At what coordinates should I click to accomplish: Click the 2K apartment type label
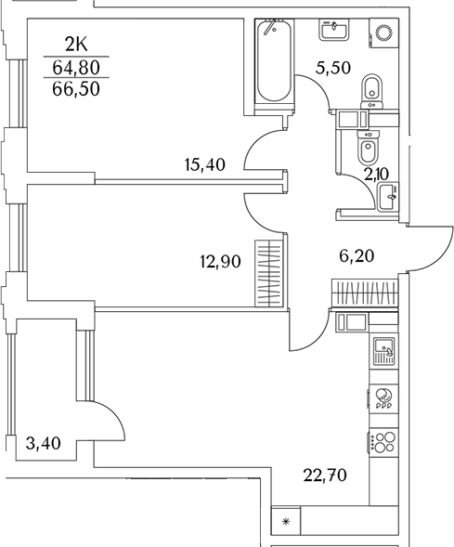pos(77,43)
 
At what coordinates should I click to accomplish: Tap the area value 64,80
pos(77,66)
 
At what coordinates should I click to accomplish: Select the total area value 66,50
pos(77,89)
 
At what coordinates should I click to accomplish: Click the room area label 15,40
pos(206,166)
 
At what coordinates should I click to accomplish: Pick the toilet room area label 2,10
pos(376,173)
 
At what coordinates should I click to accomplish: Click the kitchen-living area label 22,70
pos(324,478)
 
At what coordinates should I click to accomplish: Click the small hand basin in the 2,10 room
pos(388,193)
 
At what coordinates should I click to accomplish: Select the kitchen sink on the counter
pos(383,351)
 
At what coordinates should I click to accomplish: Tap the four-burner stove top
pos(383,442)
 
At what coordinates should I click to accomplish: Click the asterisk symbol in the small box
pos(286,523)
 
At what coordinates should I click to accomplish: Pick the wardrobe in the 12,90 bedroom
pos(268,274)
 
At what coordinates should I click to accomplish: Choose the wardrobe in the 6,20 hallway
pos(364,293)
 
